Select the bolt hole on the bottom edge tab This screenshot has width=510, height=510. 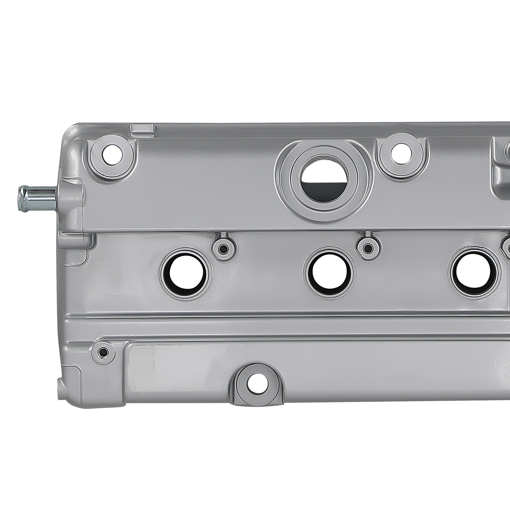tap(258, 388)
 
